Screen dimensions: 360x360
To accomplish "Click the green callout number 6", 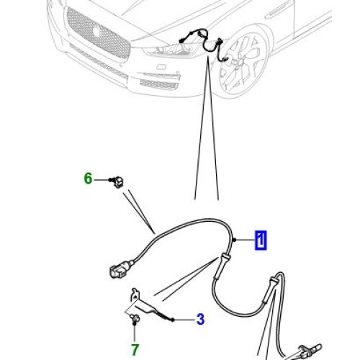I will pos(89,178).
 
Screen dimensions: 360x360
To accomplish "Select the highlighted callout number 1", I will pos(260,240).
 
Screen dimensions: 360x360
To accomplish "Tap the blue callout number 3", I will pos(200,318).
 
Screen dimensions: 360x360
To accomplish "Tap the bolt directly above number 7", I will pos(135,317).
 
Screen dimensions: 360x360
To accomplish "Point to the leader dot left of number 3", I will pos(174,318).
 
